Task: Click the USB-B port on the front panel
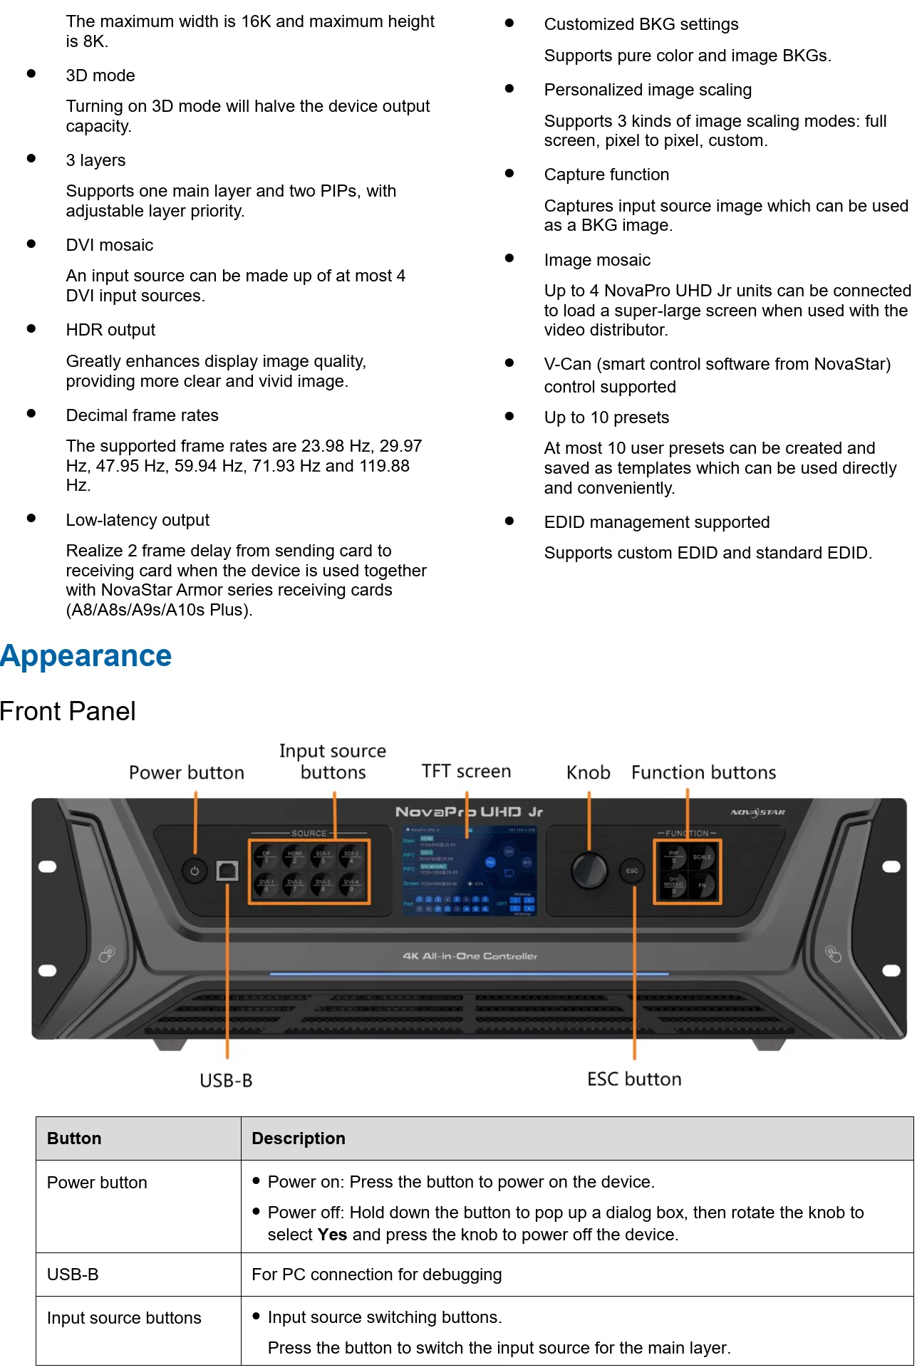pyautogui.click(x=227, y=871)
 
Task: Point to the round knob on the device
pyautogui.click(x=589, y=868)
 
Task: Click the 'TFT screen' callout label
pyautogui.click(x=466, y=772)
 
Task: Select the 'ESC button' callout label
pyautogui.click(x=634, y=1079)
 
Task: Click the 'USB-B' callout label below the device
pyautogui.click(x=226, y=1081)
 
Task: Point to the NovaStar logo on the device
pyautogui.click(x=758, y=812)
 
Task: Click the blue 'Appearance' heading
pyautogui.click(x=86, y=656)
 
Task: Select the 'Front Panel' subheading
pyautogui.click(x=68, y=712)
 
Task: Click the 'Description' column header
pyautogui.click(x=299, y=1138)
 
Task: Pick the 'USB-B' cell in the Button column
pyautogui.click(x=73, y=1275)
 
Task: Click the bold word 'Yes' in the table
pyautogui.click(x=332, y=1235)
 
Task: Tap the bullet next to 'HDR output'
pyautogui.click(x=31, y=328)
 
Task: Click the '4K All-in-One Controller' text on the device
pyautogui.click(x=470, y=956)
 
